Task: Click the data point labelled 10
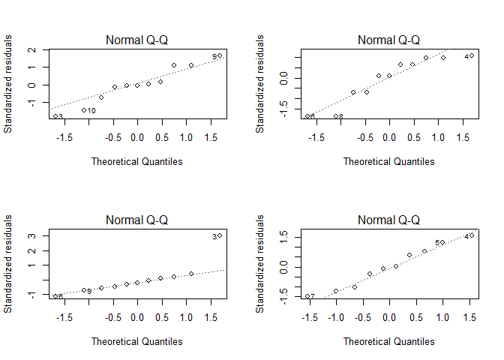pyautogui.click(x=83, y=110)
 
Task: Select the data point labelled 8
pyautogui.click(x=336, y=116)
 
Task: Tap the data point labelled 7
pyautogui.click(x=307, y=296)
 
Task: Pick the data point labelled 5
pyautogui.click(x=442, y=242)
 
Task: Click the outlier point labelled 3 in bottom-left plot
pyautogui.click(x=220, y=235)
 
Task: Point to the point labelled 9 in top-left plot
pyautogui.click(x=220, y=55)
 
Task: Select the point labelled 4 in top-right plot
pyautogui.click(x=472, y=55)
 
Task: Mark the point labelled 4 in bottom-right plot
pyautogui.click(x=472, y=235)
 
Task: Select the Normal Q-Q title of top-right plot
pyautogui.click(x=388, y=40)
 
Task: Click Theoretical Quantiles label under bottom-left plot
pyautogui.click(x=136, y=341)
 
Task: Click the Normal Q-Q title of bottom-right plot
pyautogui.click(x=388, y=220)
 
